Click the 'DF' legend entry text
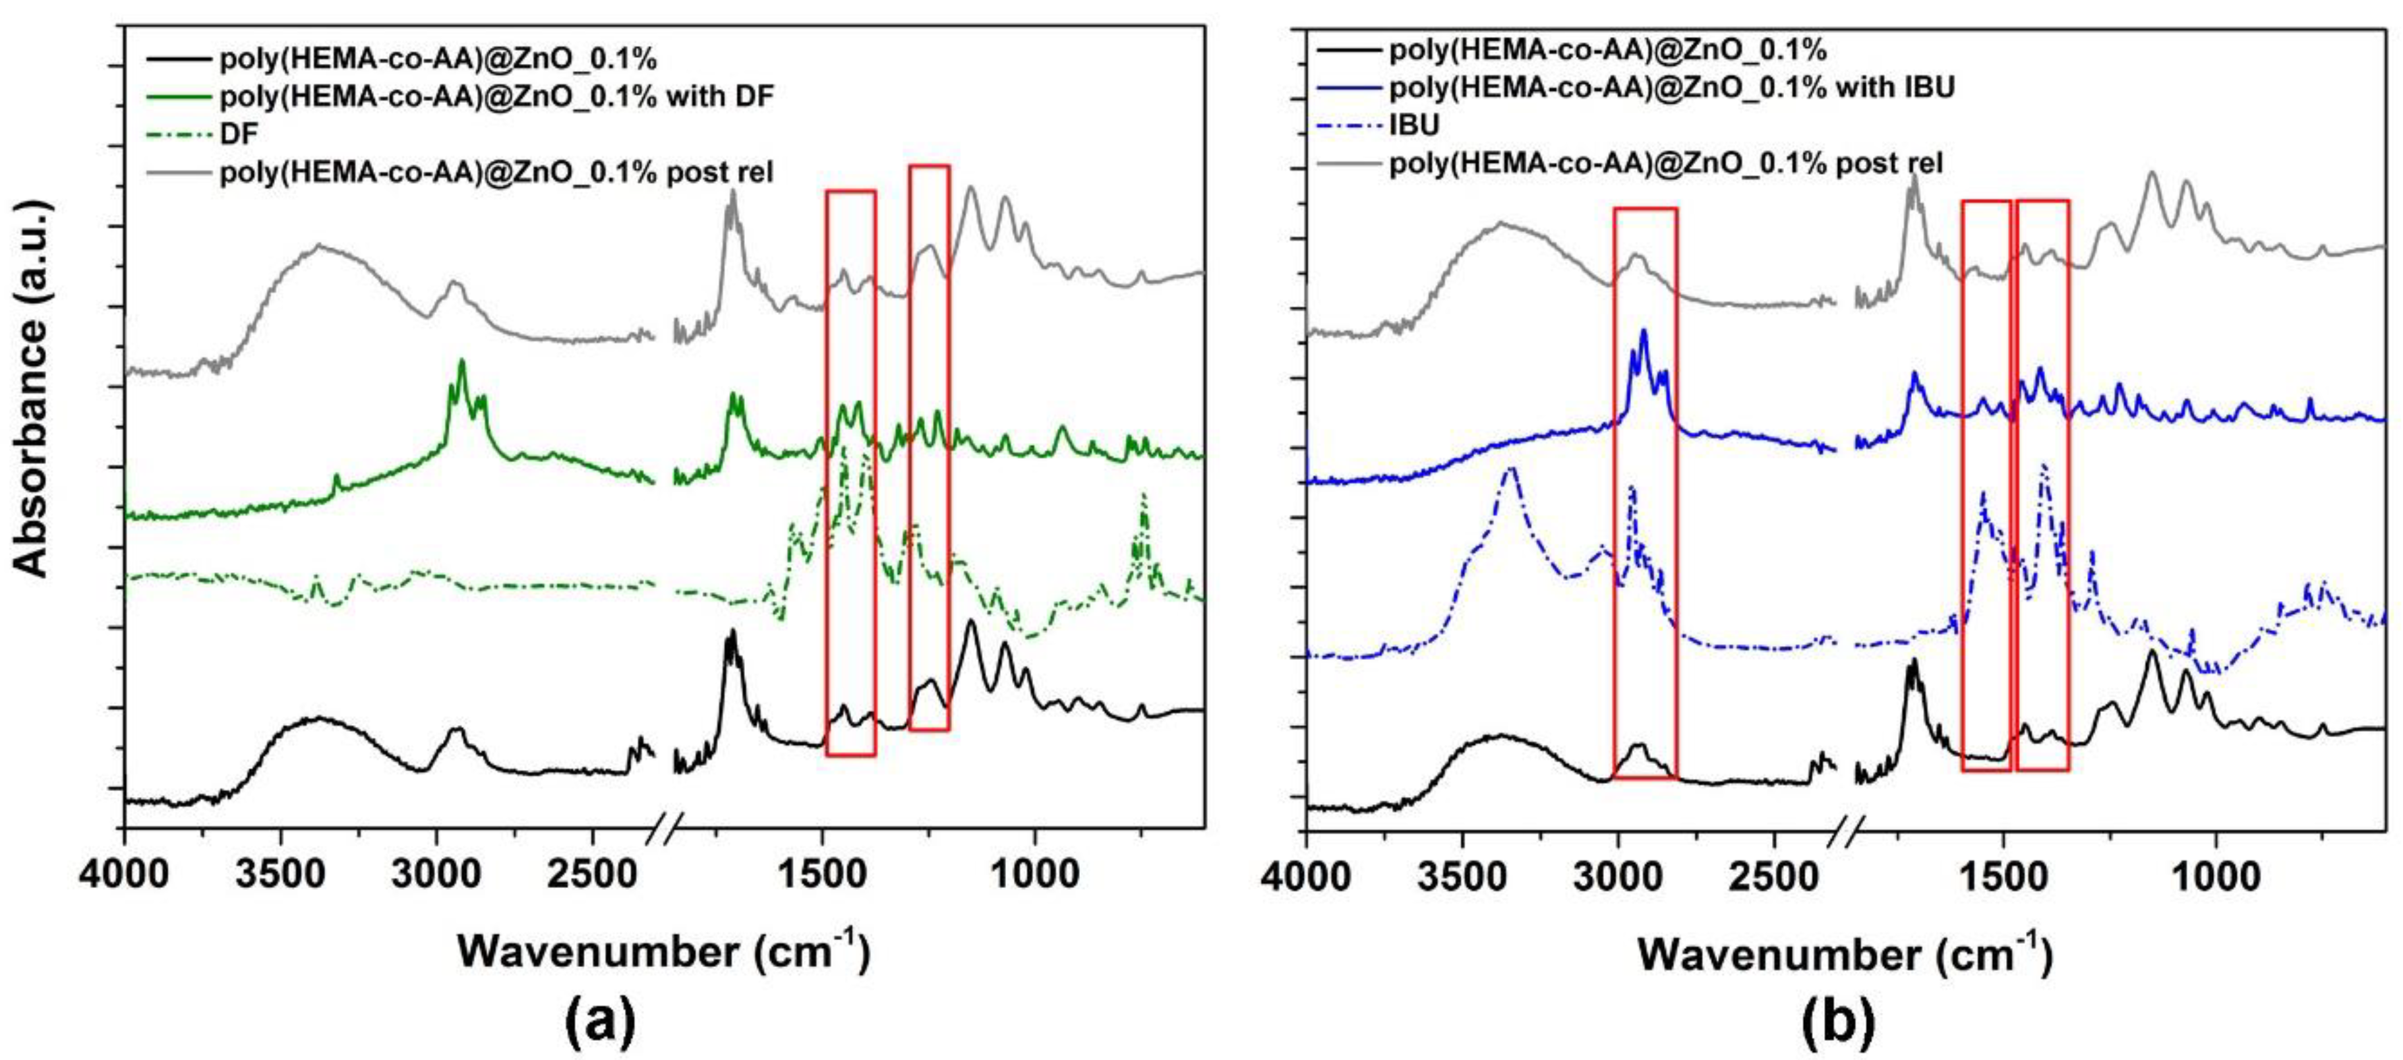239,132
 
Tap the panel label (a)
600,1022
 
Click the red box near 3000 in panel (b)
1645,492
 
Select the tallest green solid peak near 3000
461,362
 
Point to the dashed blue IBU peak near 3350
1511,469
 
